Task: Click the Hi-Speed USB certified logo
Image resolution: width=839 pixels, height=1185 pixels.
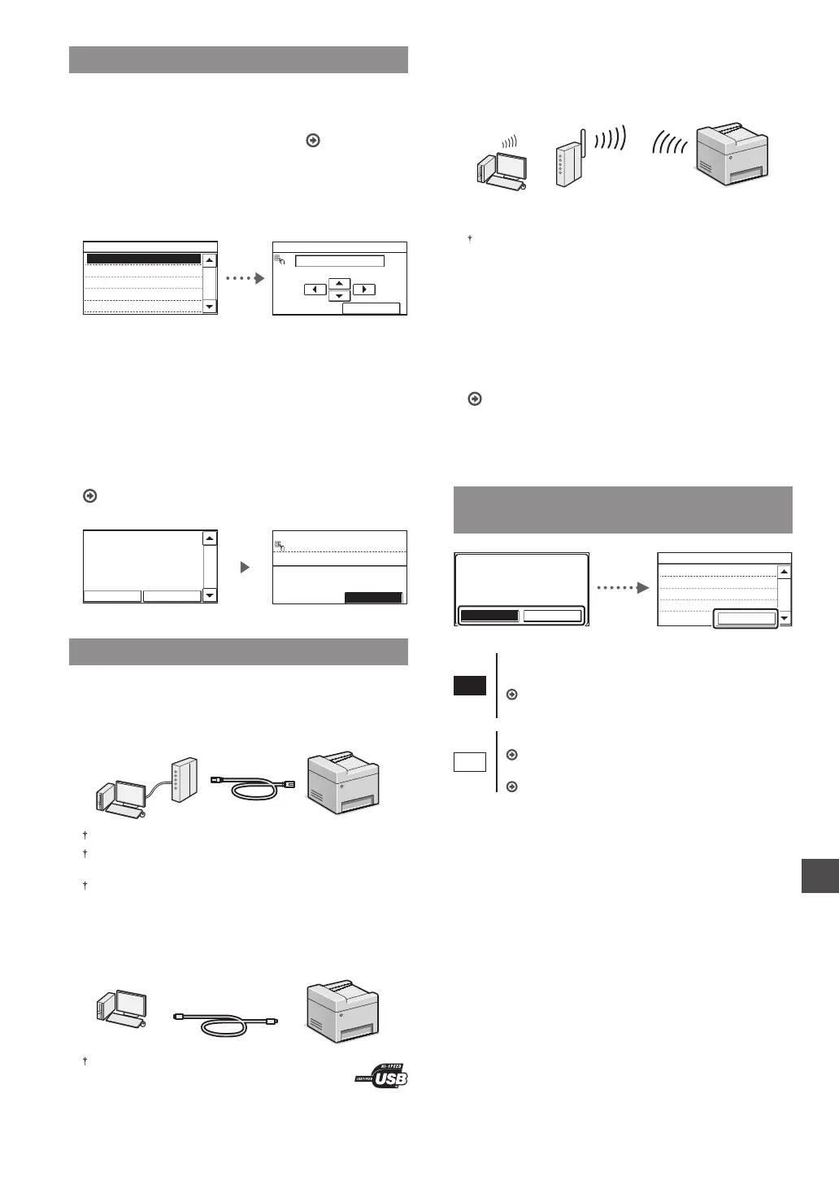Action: click(381, 1075)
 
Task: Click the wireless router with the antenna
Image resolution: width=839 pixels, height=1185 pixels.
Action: click(568, 156)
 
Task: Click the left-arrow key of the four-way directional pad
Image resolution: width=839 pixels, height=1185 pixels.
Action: click(315, 290)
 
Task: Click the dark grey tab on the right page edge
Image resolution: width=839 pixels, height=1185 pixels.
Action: click(819, 874)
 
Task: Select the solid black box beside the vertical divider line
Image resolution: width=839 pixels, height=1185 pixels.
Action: click(470, 686)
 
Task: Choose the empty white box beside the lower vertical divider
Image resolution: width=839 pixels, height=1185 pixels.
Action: click(470, 762)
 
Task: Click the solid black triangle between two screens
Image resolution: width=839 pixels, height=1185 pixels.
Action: click(245, 568)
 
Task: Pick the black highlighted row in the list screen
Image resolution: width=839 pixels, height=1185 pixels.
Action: click(143, 259)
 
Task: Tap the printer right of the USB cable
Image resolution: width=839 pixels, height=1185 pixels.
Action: click(342, 1013)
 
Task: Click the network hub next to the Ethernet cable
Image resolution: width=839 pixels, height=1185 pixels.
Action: click(180, 780)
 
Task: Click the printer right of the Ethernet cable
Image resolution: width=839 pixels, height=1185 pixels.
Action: click(342, 783)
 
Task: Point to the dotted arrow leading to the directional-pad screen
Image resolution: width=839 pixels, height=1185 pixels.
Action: click(244, 278)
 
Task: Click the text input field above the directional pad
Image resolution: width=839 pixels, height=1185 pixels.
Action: click(339, 261)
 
